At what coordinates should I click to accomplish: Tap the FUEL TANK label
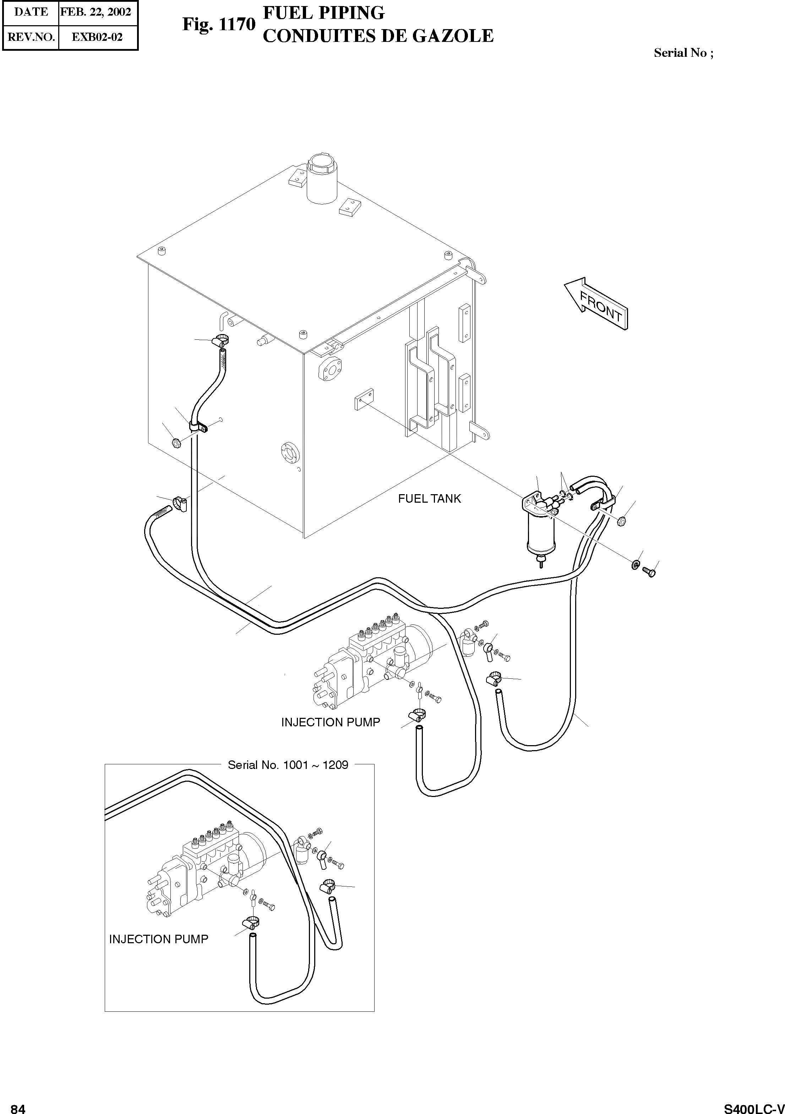(429, 499)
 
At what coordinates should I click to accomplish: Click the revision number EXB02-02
(97, 37)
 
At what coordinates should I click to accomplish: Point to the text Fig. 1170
(218, 24)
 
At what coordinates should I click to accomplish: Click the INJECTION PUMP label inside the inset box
(159, 939)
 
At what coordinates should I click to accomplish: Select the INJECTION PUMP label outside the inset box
(331, 722)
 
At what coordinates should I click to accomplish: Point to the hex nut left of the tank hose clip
(176, 442)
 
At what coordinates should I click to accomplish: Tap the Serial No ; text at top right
(683, 53)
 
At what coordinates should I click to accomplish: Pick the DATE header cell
(31, 12)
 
